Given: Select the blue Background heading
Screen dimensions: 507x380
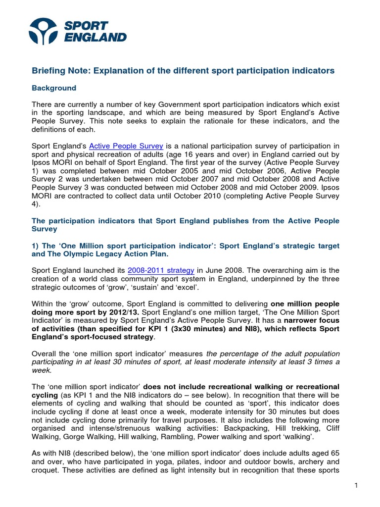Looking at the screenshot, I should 54,88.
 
